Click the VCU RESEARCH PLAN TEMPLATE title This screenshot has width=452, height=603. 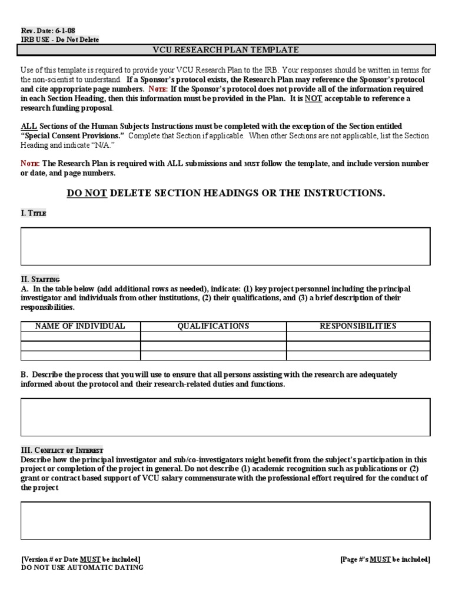(x=226, y=50)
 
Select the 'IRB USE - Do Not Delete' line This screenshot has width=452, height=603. (x=60, y=39)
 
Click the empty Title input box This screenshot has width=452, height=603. (x=226, y=246)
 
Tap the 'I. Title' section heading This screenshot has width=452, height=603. (x=34, y=213)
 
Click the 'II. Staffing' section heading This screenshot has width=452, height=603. (x=40, y=279)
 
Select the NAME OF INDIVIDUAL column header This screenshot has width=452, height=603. (x=80, y=326)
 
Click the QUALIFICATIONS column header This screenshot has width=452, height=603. (x=213, y=326)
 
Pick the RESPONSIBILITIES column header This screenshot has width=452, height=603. (x=358, y=326)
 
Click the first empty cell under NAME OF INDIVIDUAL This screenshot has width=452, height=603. (x=80, y=336)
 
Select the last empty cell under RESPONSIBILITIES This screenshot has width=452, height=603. (x=358, y=355)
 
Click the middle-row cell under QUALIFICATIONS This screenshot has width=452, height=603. (x=213, y=346)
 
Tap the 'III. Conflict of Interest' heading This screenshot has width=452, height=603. (x=62, y=450)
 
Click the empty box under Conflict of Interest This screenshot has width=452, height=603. (x=226, y=521)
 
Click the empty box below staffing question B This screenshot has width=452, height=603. (x=226, y=416)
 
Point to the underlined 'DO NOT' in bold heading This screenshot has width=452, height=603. (x=87, y=193)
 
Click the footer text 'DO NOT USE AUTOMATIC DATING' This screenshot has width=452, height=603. (x=82, y=568)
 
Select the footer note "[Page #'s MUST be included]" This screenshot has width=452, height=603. (x=385, y=559)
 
